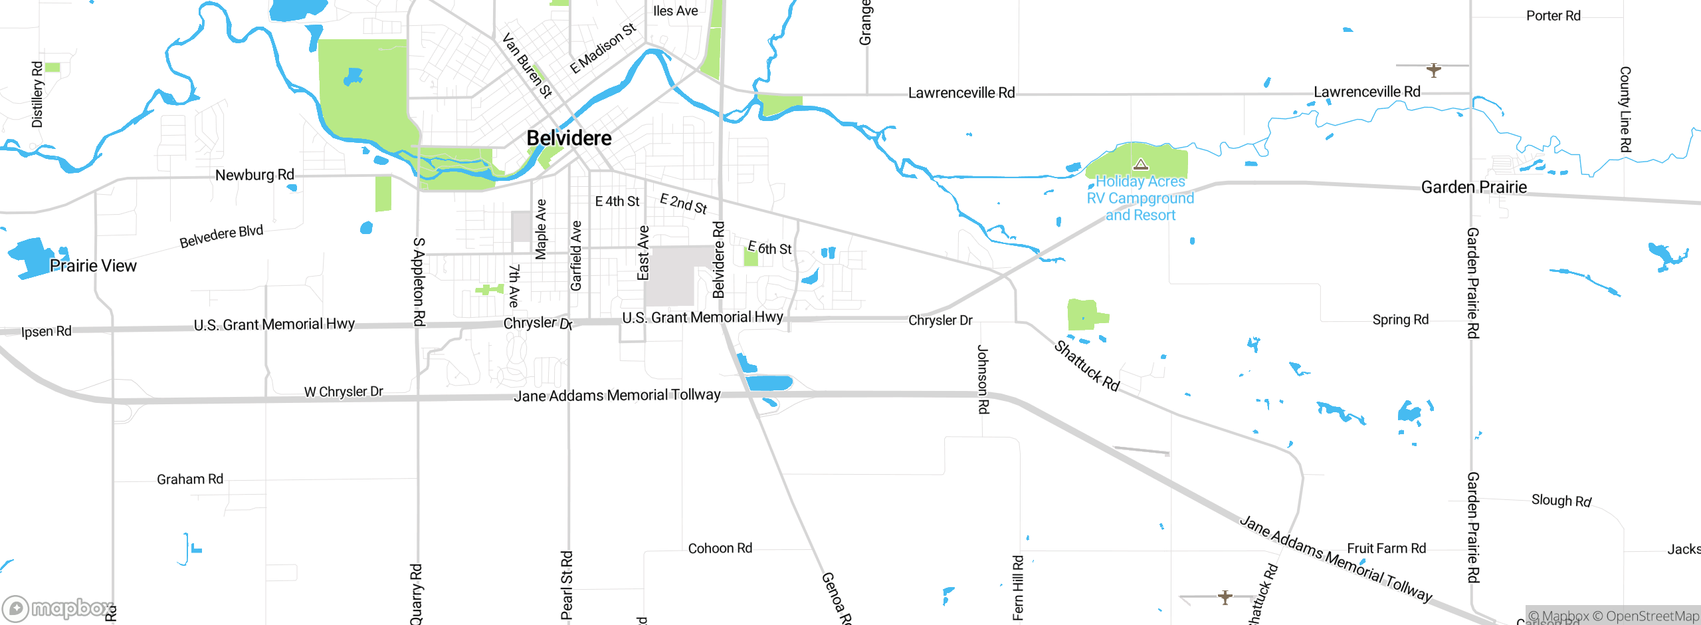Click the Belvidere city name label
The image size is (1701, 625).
pyautogui.click(x=569, y=138)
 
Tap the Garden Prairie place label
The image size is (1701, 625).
pyautogui.click(x=1473, y=187)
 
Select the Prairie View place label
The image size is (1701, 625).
pyautogui.click(x=93, y=266)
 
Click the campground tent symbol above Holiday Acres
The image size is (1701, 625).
pyautogui.click(x=1141, y=164)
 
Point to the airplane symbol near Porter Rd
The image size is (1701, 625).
pyautogui.click(x=1433, y=69)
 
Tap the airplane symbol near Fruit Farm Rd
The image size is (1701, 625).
pyautogui.click(x=1225, y=596)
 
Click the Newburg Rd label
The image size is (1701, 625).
pyautogui.click(x=254, y=175)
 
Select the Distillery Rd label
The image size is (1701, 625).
pyautogui.click(x=37, y=94)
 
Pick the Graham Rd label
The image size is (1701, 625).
pyautogui.click(x=190, y=479)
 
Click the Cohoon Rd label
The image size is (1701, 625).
pyautogui.click(x=720, y=549)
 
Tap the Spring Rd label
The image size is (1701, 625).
pyautogui.click(x=1400, y=320)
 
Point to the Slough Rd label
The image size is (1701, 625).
pyautogui.click(x=1561, y=500)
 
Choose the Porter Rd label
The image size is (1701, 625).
pyautogui.click(x=1553, y=16)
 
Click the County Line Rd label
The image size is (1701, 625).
pyautogui.click(x=1625, y=110)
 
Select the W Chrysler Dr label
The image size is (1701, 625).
pyautogui.click(x=344, y=392)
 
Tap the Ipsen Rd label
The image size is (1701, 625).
pyautogui.click(x=46, y=331)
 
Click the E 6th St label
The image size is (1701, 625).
pyautogui.click(x=769, y=248)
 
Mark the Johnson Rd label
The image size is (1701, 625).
pyautogui.click(x=983, y=379)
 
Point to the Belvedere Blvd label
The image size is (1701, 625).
pyautogui.click(x=221, y=236)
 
